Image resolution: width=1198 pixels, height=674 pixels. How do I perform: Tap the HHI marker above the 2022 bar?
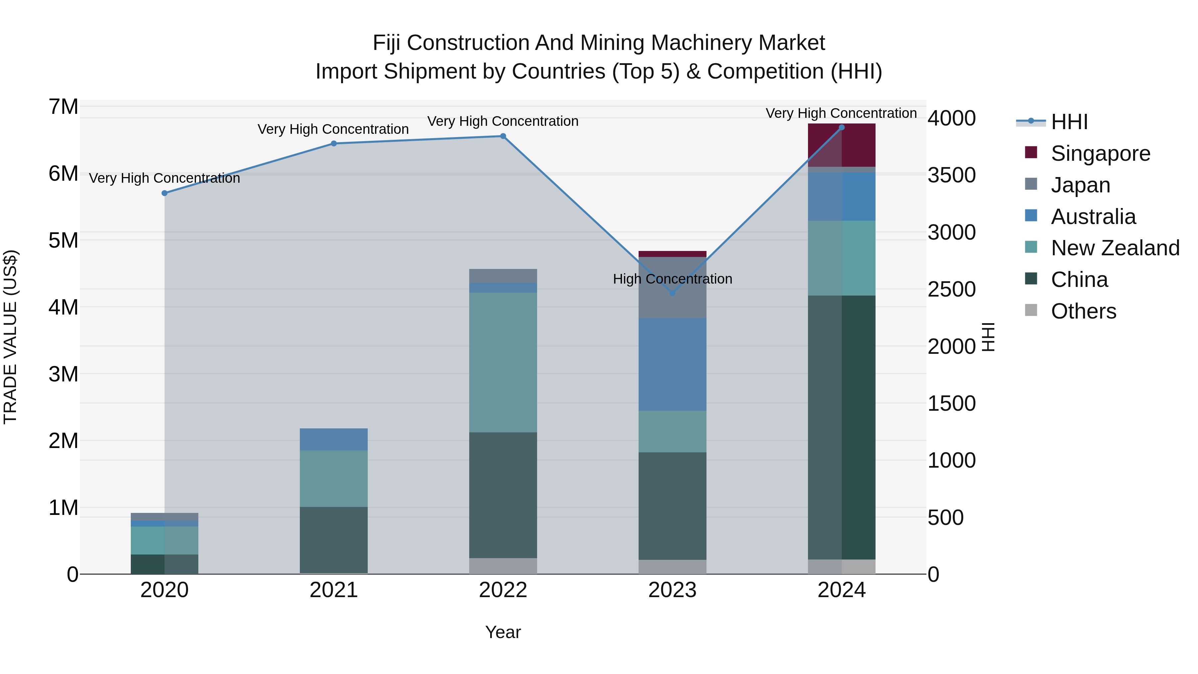click(503, 136)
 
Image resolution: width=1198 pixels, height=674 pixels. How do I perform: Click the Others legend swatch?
click(1031, 310)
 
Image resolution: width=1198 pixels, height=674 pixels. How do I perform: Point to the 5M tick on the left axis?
click(63, 241)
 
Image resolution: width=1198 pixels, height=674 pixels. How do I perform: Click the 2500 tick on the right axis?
click(951, 289)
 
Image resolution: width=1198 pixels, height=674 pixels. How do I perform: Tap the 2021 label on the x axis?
click(333, 590)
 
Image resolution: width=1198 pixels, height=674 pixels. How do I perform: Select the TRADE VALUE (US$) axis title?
click(10, 337)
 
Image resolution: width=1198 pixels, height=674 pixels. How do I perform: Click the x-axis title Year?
click(503, 632)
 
